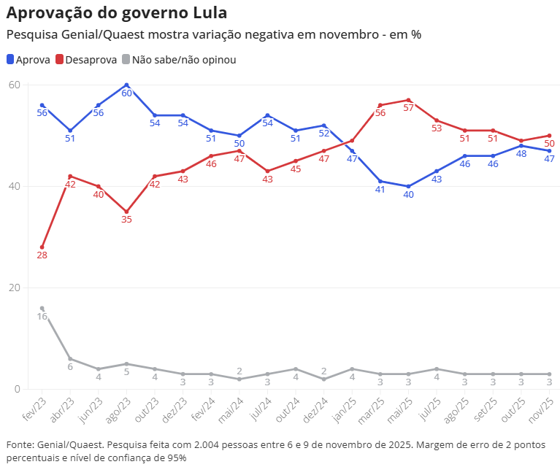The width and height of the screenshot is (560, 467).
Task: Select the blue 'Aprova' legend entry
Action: (28, 60)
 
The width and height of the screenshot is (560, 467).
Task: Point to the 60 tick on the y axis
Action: (14, 85)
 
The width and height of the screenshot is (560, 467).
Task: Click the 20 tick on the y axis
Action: (14, 287)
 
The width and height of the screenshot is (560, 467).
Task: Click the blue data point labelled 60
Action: (127, 85)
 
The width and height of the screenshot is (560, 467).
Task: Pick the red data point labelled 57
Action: (409, 100)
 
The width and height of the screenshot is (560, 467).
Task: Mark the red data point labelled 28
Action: (42, 247)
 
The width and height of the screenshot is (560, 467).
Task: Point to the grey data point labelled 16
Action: (42, 308)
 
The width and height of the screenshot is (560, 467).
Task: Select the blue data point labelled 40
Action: (409, 186)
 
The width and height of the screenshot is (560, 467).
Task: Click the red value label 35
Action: (127, 220)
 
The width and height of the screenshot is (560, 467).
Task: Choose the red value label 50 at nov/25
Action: (549, 144)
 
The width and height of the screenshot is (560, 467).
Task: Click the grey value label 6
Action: (70, 367)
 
